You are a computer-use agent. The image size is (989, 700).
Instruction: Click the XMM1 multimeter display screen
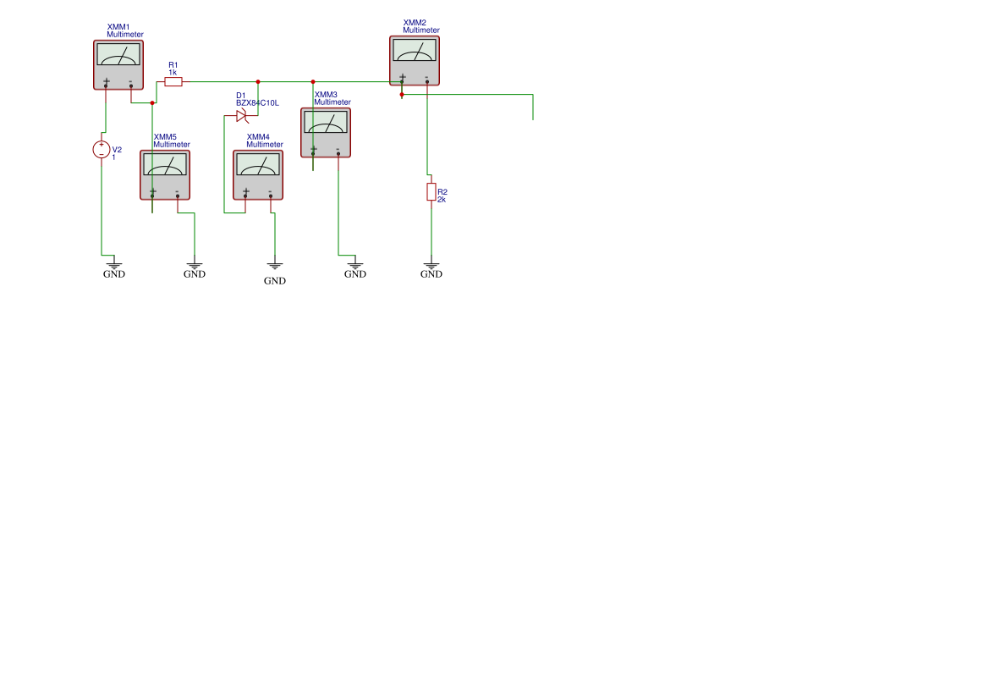point(118,55)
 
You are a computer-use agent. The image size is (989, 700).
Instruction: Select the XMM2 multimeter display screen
point(414,51)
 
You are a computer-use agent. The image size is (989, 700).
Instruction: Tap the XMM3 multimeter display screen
point(326,123)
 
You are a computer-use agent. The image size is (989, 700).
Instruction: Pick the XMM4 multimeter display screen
point(258,164)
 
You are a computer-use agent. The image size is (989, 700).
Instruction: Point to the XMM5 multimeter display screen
point(165,164)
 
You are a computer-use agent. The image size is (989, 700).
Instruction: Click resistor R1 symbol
point(173,82)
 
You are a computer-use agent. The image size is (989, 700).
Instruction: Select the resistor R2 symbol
point(431,192)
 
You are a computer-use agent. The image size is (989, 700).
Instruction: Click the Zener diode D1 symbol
point(241,115)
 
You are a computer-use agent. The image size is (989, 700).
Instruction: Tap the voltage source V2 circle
point(102,150)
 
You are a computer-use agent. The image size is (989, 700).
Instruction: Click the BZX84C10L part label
point(257,102)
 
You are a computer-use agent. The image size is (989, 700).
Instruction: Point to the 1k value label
point(173,73)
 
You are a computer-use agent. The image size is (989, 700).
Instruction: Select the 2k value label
point(442,200)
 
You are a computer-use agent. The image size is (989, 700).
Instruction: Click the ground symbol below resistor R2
point(431,267)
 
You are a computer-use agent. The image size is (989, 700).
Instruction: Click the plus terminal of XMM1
point(106,84)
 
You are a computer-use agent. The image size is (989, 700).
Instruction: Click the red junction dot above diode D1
point(258,82)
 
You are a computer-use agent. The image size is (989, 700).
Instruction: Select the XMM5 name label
point(165,136)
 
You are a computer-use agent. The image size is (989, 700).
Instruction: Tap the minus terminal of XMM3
point(338,152)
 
